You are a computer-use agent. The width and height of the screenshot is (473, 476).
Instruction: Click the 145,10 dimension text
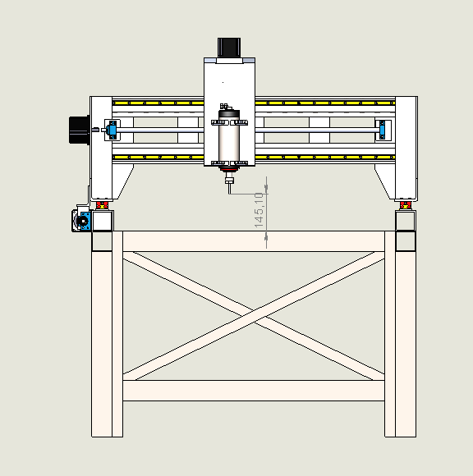pos(259,210)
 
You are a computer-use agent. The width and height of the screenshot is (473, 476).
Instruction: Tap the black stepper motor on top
pos(229,48)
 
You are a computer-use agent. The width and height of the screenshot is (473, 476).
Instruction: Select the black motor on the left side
pos(80,130)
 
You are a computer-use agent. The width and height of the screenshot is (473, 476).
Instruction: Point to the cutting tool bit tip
pos(229,192)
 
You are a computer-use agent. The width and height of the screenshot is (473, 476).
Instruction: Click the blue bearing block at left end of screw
pos(113,130)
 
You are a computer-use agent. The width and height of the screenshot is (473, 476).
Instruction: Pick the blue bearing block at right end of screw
pos(382,130)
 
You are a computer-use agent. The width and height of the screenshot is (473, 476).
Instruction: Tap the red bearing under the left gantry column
pos(102,205)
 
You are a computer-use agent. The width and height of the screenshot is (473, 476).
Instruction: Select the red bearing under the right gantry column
pos(406,205)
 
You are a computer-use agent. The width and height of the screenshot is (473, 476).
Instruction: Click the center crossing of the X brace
pos(254,316)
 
